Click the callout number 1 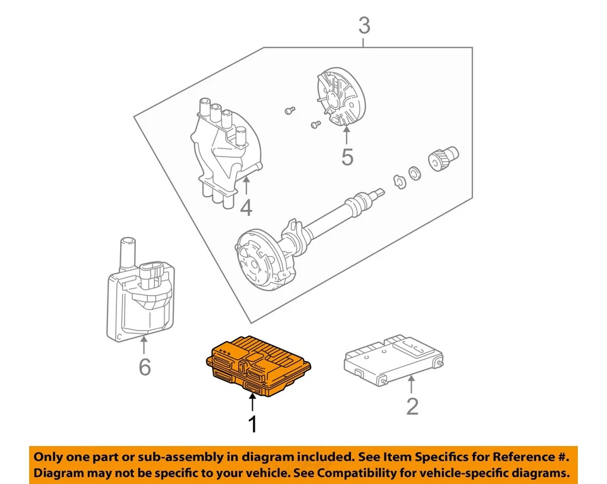pyautogui.click(x=253, y=424)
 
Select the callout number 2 pyautogui.click(x=412, y=406)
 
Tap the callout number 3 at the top pyautogui.click(x=364, y=27)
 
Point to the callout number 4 pyautogui.click(x=245, y=207)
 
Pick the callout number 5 pyautogui.click(x=347, y=157)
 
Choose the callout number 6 pyautogui.click(x=145, y=366)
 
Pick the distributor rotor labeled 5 pyautogui.click(x=340, y=99)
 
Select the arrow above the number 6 pyautogui.click(x=145, y=346)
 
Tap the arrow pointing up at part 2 pyautogui.click(x=412, y=383)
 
